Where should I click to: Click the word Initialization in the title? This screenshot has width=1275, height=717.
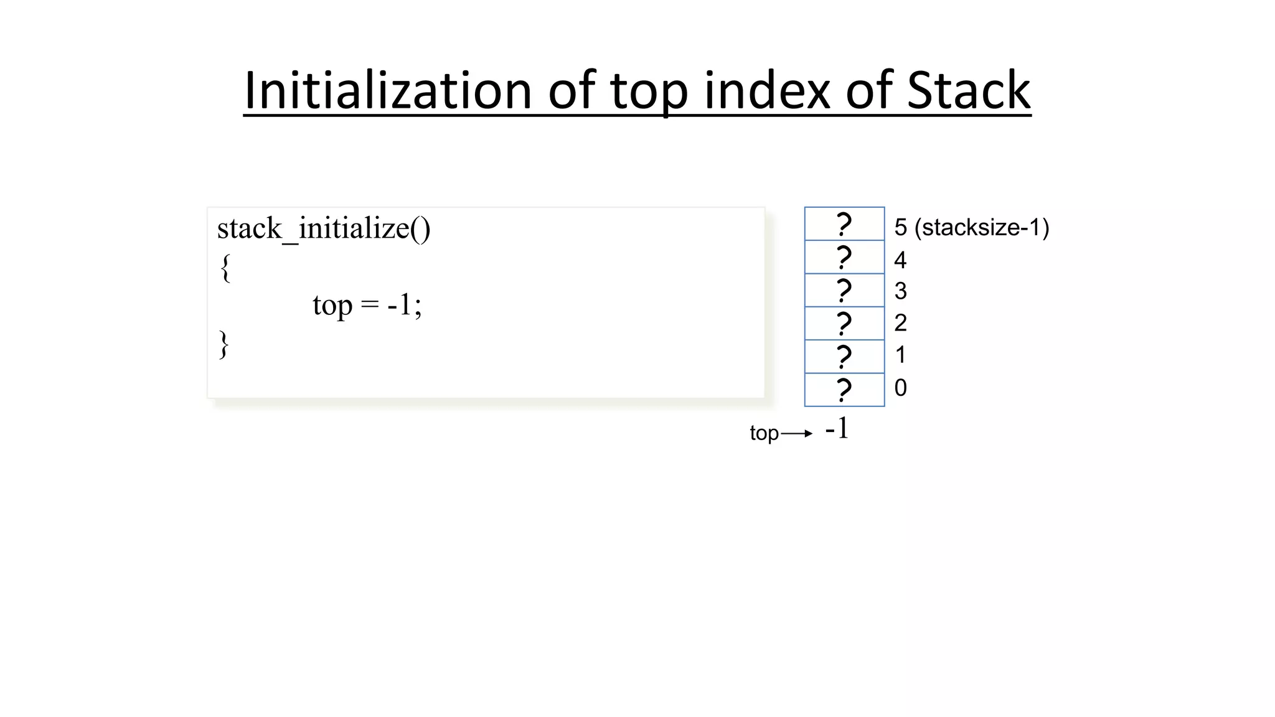(x=387, y=91)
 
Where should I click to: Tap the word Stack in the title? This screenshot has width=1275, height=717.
(x=968, y=91)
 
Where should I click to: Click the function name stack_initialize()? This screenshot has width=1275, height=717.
(x=323, y=228)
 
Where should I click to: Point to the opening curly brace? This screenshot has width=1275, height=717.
(x=225, y=268)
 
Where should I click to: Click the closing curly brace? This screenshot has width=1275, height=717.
(x=224, y=345)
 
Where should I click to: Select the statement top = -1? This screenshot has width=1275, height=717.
(x=367, y=305)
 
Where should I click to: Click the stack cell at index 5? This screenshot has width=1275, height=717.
(x=844, y=224)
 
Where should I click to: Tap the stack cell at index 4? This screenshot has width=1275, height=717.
(x=844, y=257)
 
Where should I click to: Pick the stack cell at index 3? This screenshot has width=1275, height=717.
(x=844, y=290)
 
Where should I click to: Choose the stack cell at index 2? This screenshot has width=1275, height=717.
(x=844, y=323)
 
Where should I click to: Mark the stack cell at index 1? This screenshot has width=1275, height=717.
(x=844, y=357)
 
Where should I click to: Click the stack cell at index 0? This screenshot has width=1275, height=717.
(x=844, y=390)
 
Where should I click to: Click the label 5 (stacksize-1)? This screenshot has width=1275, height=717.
(x=971, y=227)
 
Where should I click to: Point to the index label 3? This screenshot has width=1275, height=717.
(x=900, y=291)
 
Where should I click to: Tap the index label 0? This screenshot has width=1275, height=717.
(x=900, y=388)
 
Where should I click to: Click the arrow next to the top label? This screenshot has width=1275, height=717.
(x=797, y=433)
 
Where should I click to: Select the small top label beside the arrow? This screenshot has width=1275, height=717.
(x=764, y=433)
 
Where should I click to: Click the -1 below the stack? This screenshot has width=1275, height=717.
(x=837, y=429)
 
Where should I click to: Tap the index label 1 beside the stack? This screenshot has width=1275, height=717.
(x=900, y=355)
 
